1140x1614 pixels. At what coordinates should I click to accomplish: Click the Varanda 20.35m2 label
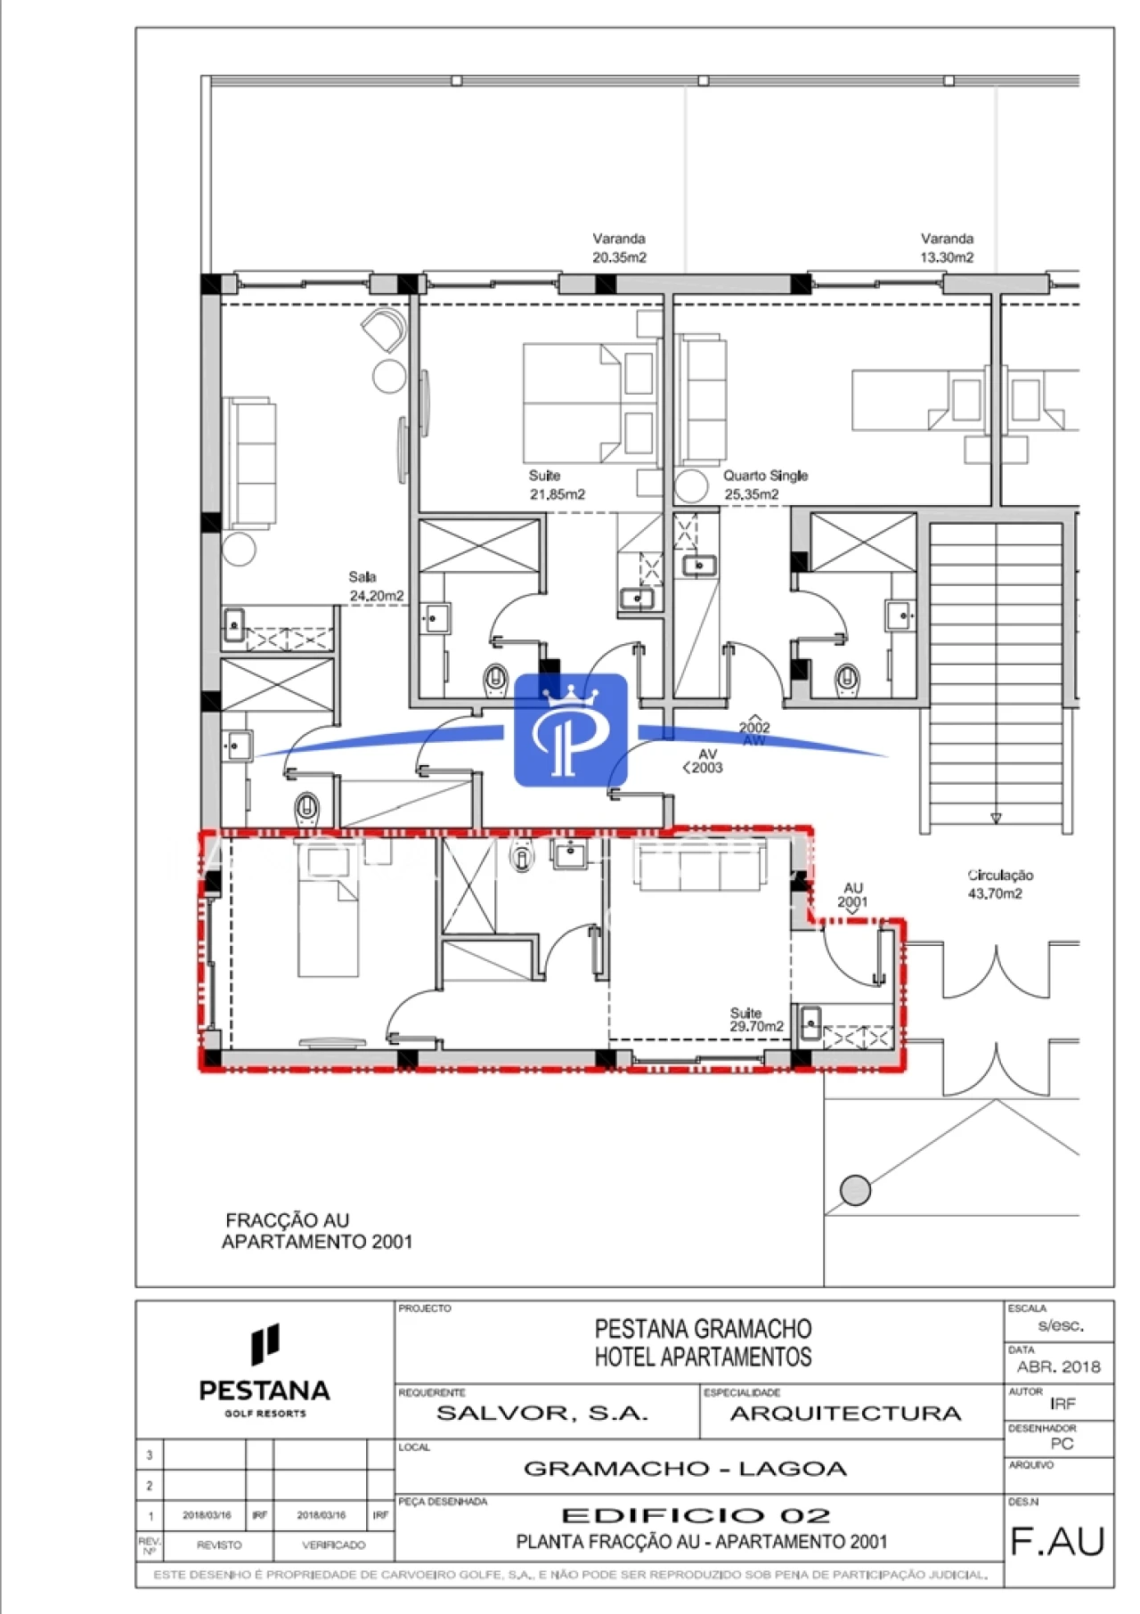(619, 248)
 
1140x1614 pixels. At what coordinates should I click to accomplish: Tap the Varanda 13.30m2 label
(947, 248)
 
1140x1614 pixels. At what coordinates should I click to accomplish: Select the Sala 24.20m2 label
(376, 586)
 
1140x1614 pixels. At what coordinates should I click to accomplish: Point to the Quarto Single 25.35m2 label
(764, 485)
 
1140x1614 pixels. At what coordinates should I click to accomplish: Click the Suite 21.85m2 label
(557, 485)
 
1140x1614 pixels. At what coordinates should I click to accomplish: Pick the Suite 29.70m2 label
(756, 1020)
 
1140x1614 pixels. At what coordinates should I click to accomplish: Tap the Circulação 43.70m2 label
(999, 884)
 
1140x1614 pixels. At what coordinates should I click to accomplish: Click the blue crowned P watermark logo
(571, 730)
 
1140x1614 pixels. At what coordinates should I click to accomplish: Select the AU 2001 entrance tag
(852, 895)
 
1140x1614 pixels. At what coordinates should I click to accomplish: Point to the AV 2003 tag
(704, 761)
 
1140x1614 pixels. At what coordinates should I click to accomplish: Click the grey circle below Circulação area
(855, 1190)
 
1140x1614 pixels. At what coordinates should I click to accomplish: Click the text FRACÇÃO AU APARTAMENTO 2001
(316, 1231)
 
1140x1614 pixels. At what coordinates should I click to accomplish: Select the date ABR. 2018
(1058, 1366)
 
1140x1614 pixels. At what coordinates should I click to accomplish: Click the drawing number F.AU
(1057, 1542)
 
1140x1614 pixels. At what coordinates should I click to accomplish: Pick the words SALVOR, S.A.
(542, 1414)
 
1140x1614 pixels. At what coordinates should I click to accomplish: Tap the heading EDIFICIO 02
(696, 1515)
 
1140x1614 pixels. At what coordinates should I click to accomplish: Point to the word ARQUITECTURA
(845, 1414)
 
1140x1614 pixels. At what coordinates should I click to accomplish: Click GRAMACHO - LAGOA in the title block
(685, 1469)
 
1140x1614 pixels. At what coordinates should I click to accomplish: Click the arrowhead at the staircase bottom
(996, 818)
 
